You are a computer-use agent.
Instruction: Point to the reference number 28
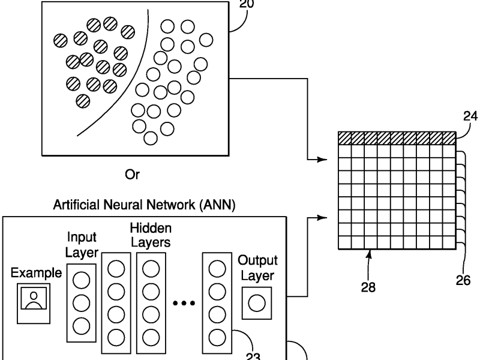click(x=369, y=287)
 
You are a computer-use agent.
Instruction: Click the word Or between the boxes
click(x=131, y=175)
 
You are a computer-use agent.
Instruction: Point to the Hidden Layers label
click(x=151, y=235)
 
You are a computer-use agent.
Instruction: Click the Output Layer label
click(x=257, y=268)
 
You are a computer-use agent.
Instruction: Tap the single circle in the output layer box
click(x=257, y=304)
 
